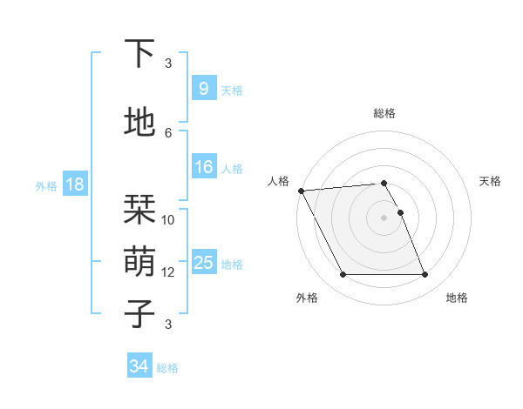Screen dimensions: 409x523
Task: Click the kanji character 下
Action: coord(139,54)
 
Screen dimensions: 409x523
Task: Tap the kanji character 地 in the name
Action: coord(139,123)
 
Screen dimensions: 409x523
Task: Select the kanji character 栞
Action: coord(139,210)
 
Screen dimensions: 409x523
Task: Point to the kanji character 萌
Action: coord(139,259)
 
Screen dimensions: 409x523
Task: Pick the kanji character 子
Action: coord(139,313)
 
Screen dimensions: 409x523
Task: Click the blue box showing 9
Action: coord(203,88)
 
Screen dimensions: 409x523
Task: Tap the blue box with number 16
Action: coord(203,167)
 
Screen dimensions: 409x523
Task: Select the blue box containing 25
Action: coord(203,263)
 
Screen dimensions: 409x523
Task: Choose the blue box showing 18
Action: coord(74,184)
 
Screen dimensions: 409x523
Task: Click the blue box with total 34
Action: coord(139,366)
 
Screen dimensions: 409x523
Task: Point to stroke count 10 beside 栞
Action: coord(168,220)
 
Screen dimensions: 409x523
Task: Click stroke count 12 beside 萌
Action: coord(168,272)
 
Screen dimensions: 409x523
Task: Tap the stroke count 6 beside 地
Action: coord(168,132)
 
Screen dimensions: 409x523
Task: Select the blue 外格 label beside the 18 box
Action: coord(46,185)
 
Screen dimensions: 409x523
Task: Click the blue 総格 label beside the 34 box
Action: coord(167,368)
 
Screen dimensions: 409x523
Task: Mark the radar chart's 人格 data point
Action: coord(301,191)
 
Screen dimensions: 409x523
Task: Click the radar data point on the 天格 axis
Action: coord(400,212)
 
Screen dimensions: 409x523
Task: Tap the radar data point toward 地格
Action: coord(425,275)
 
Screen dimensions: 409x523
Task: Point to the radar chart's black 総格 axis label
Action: coord(384,113)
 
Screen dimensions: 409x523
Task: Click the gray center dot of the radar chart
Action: coord(384,218)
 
